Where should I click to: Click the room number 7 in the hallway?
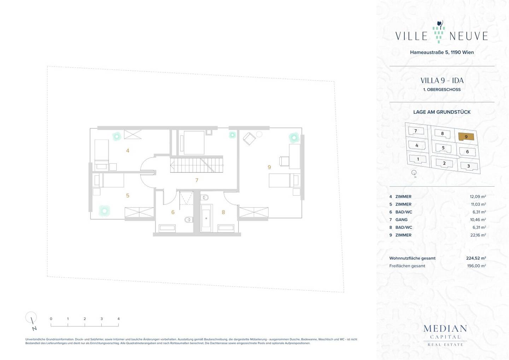tap(197, 180)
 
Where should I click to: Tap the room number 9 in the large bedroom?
tap(269, 167)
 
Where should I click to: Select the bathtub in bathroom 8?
tap(206, 218)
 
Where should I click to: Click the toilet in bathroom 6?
tap(189, 220)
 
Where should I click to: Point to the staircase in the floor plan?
tap(197, 165)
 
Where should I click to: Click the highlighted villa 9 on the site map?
tap(466, 137)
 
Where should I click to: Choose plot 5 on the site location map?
tap(443, 148)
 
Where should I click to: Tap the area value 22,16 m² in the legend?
tap(478, 235)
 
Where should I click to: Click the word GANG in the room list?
tap(401, 220)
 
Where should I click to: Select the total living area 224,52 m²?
tap(476, 258)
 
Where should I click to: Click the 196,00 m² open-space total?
tap(476, 266)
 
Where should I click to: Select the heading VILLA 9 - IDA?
tap(442, 81)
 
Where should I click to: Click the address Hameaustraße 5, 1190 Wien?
tap(442, 52)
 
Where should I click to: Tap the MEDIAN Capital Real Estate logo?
tap(445, 336)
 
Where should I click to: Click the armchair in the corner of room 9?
tap(249, 139)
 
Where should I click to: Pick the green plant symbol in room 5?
tap(105, 211)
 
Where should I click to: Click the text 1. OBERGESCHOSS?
tap(442, 89)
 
